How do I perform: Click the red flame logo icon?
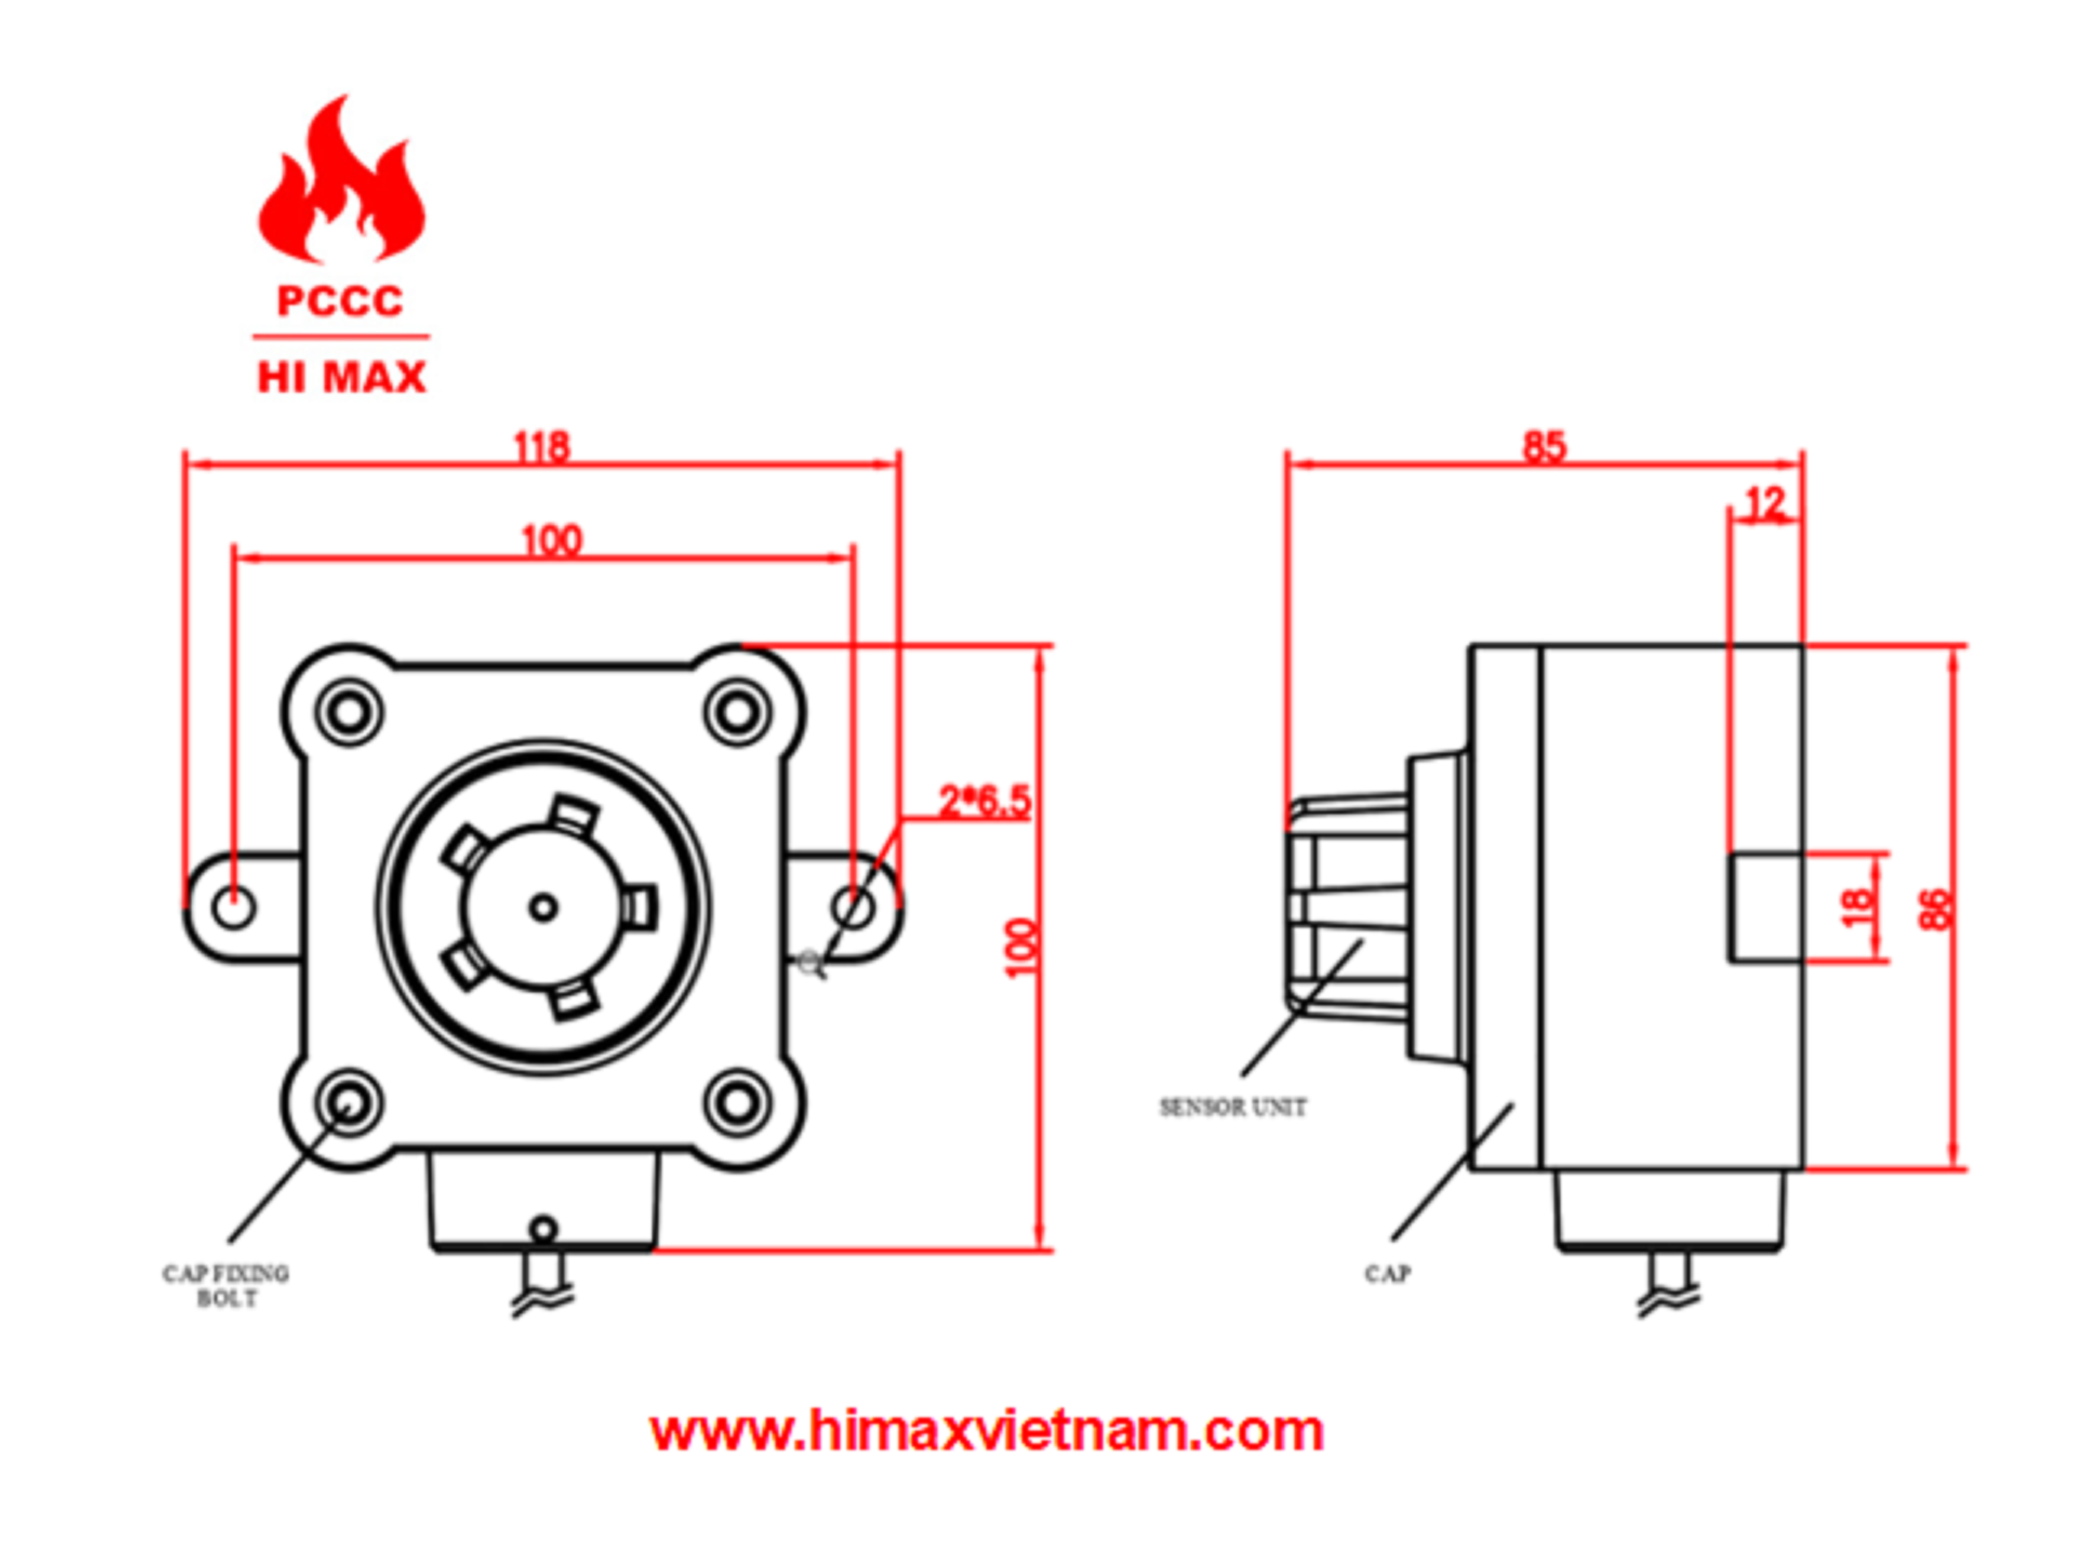tap(341, 182)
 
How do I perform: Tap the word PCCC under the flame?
tap(340, 301)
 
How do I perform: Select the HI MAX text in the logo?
tap(341, 377)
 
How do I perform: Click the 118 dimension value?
tap(541, 447)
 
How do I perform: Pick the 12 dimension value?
tap(1764, 505)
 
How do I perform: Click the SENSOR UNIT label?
tap(1233, 1107)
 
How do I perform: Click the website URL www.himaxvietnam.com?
tap(987, 1432)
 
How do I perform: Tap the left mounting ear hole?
tap(233, 906)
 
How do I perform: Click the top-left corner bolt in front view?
tap(348, 713)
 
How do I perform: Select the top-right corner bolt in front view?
tap(737, 713)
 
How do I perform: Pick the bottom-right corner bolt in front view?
tap(737, 1104)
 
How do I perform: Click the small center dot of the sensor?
tap(543, 908)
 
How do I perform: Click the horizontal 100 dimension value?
tap(552, 541)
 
